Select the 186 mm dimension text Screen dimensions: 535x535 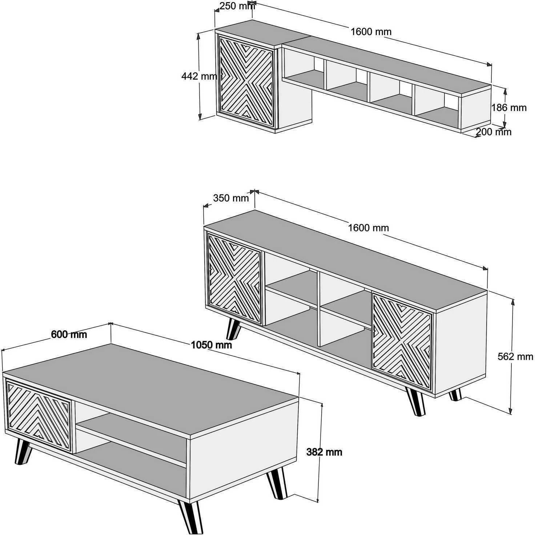[x=509, y=108]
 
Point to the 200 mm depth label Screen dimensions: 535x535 [x=494, y=132]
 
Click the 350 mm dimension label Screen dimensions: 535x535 [x=231, y=198]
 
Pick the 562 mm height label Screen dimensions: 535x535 [x=515, y=357]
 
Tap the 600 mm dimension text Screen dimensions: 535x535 [x=69, y=334]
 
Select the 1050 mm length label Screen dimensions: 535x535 [x=212, y=345]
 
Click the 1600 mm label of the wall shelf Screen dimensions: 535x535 [x=371, y=32]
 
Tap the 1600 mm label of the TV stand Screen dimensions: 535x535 [x=369, y=228]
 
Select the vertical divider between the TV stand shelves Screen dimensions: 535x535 [x=319, y=309]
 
